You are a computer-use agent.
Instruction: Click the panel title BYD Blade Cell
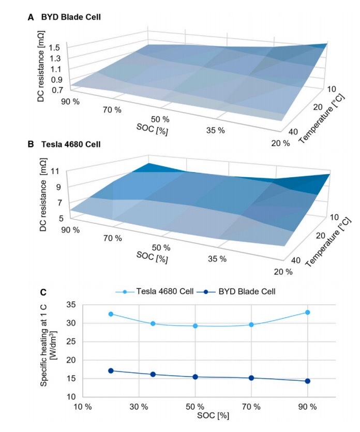(72, 17)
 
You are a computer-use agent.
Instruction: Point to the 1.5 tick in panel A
(55, 48)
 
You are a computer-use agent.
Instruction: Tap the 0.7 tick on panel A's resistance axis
(55, 90)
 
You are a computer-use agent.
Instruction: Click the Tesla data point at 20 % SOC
(111, 314)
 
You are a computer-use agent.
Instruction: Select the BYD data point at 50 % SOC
(195, 377)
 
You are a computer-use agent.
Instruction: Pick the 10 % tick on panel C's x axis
(82, 406)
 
